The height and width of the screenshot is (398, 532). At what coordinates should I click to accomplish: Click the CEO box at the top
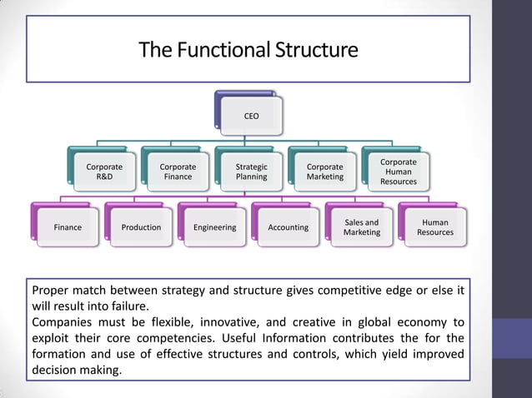251,116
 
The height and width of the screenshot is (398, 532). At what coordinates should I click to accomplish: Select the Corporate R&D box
104,172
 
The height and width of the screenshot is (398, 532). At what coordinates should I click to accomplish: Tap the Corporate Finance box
178,172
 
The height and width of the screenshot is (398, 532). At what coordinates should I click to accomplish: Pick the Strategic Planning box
251,172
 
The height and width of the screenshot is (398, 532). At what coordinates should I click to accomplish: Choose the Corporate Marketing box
324,172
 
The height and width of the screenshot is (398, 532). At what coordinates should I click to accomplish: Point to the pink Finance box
68,227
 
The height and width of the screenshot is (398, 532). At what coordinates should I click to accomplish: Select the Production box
141,227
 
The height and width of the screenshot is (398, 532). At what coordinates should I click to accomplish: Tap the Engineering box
214,227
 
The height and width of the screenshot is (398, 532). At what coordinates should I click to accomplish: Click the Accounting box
288,227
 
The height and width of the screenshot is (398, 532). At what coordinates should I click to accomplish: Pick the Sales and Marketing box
361,227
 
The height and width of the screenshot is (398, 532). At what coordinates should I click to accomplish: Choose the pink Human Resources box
435,227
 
